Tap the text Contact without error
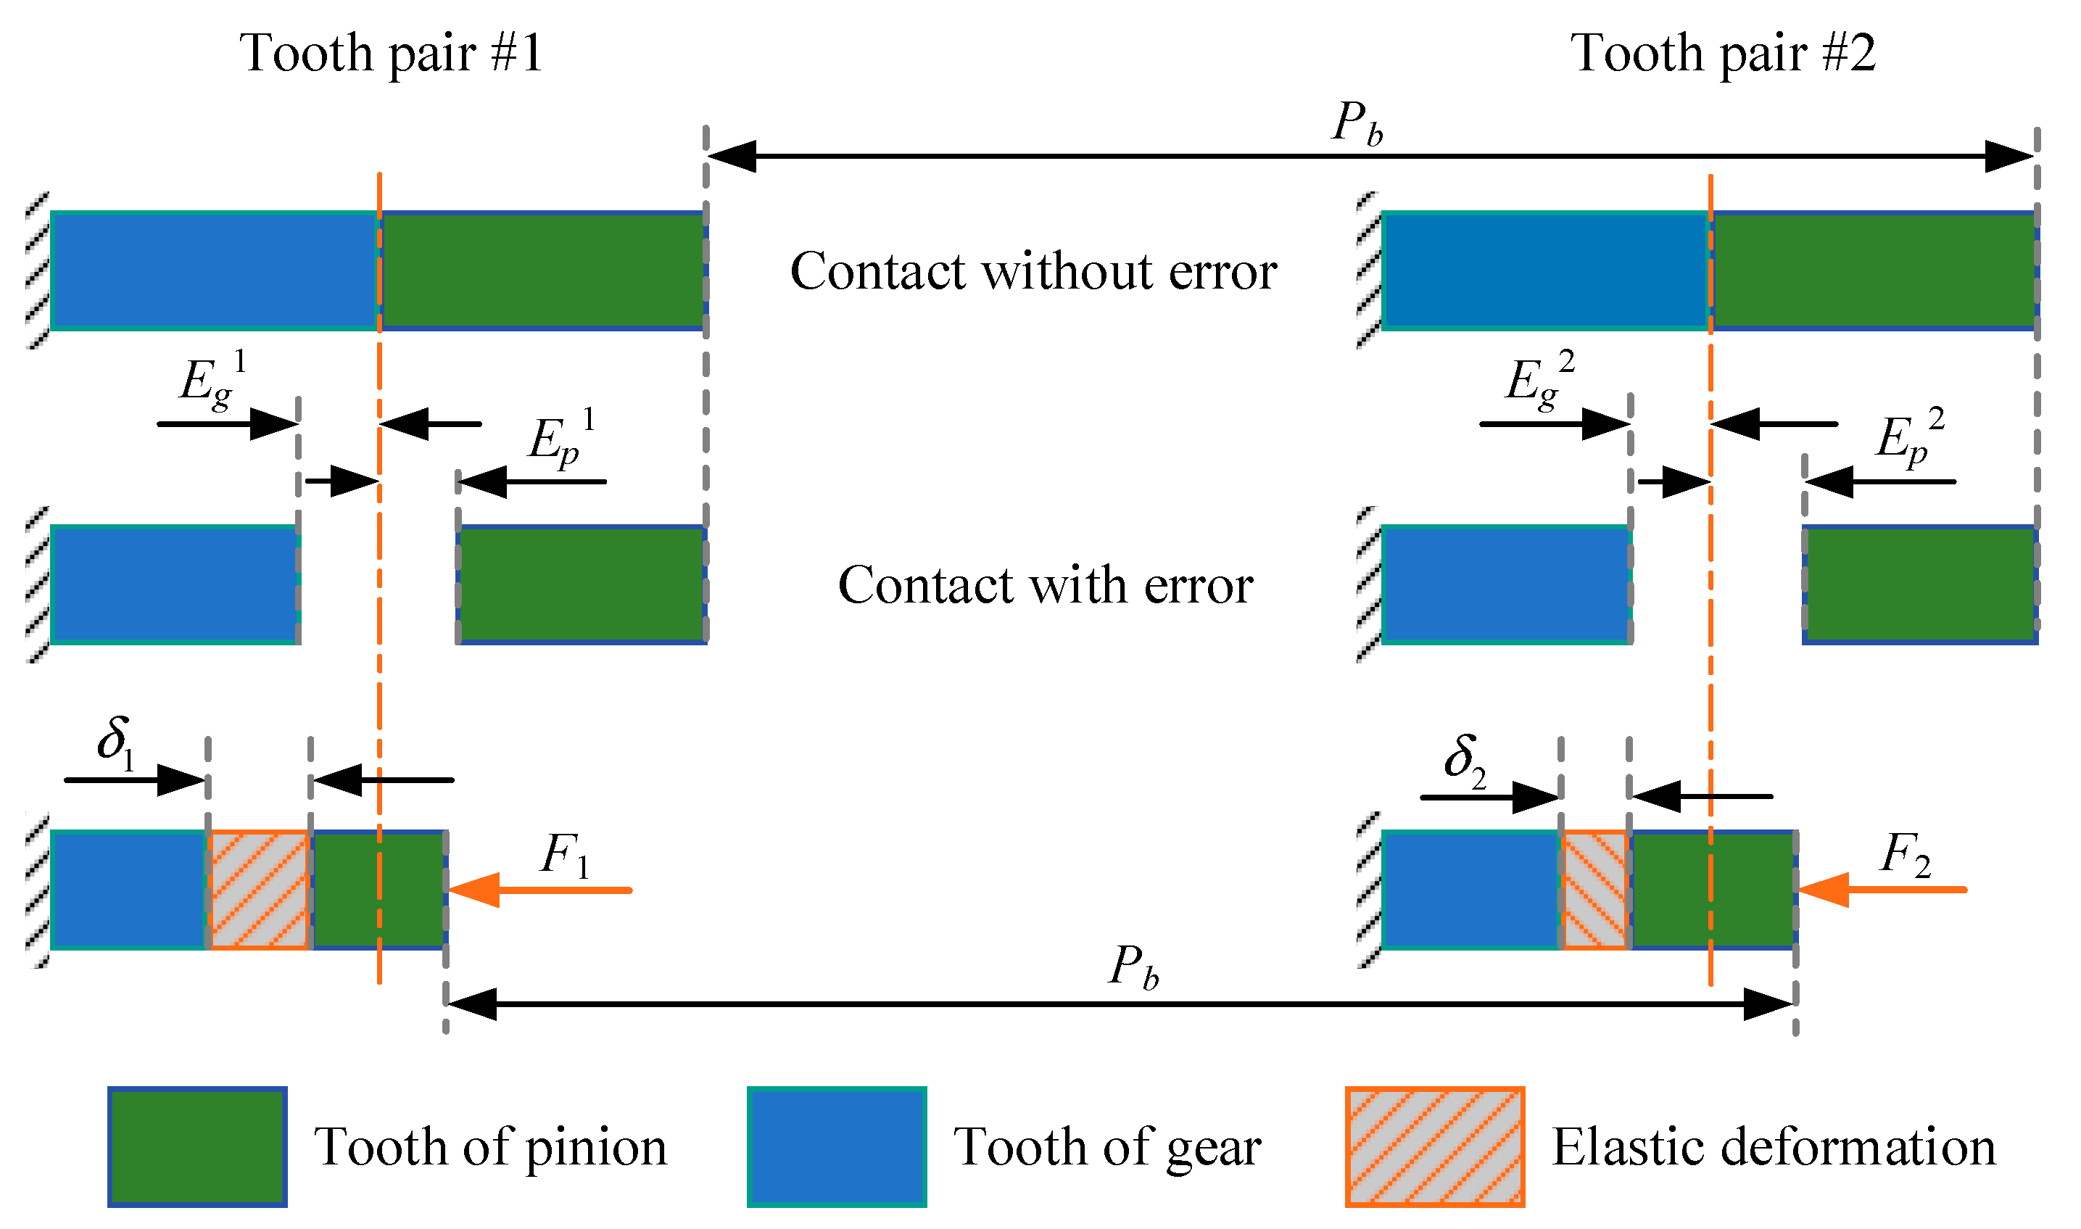[1033, 272]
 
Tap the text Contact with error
[1045, 586]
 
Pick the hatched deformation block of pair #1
[258, 890]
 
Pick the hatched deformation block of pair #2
[1594, 890]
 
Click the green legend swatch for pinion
[197, 1147]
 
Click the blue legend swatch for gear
[836, 1147]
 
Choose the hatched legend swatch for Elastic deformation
[1434, 1147]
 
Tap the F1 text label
[565, 856]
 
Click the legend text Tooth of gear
[1107, 1148]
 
